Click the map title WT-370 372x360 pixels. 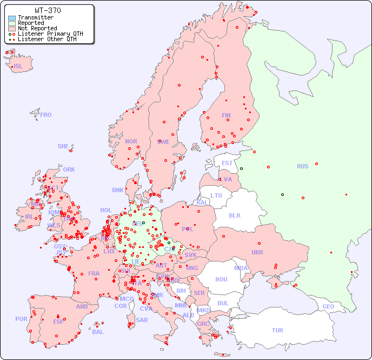(x=48, y=10)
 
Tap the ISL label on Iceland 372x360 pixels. (x=18, y=67)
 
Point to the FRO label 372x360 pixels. (x=46, y=115)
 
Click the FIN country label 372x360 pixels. (x=226, y=115)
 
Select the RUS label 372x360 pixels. (x=302, y=166)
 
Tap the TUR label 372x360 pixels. (x=277, y=330)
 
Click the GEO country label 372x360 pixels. (x=328, y=306)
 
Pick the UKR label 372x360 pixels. (x=257, y=252)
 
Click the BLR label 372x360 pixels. (x=234, y=215)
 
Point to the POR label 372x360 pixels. (x=21, y=319)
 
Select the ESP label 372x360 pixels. (x=58, y=321)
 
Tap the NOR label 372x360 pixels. (x=131, y=141)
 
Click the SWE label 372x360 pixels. (x=163, y=142)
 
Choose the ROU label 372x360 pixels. (x=221, y=279)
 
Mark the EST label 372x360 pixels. (x=227, y=163)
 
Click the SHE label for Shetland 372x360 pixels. (x=63, y=146)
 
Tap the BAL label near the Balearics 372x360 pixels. (x=98, y=332)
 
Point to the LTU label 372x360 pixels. (x=216, y=195)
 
